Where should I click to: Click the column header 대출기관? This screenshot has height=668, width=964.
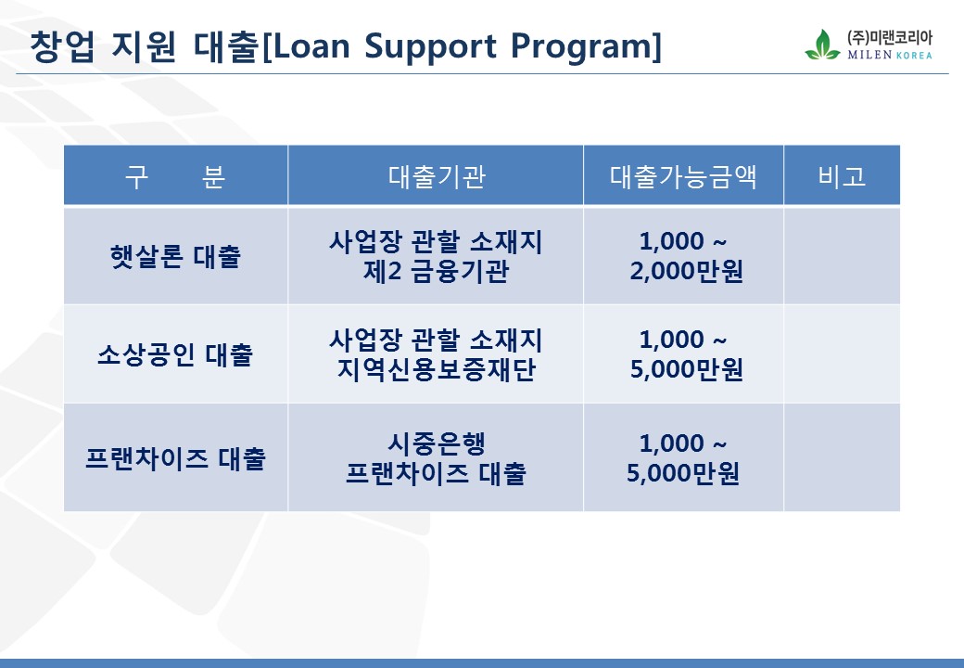tap(437, 176)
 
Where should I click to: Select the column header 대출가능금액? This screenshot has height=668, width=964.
tap(683, 176)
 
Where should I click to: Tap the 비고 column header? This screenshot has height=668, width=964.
tap(842, 176)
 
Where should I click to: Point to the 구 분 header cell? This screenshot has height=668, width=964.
tap(175, 176)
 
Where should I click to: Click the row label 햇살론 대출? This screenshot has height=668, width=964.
tap(175, 256)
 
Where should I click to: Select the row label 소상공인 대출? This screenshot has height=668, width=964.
tap(175, 354)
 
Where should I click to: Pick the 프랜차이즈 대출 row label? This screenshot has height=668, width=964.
tap(175, 458)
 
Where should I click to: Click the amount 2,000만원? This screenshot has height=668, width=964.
tap(687, 271)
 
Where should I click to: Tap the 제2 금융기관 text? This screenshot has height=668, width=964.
tap(436, 271)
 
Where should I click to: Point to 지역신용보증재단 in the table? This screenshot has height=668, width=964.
tap(437, 369)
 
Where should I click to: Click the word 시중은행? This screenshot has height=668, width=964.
tap(437, 443)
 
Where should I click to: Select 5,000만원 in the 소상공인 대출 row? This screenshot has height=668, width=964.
tap(687, 369)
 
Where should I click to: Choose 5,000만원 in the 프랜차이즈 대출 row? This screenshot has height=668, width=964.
tap(683, 473)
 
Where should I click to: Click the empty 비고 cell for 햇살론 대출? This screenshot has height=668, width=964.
tap(842, 256)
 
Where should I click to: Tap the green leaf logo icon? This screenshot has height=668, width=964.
tap(822, 45)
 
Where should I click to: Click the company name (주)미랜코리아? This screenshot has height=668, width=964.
tap(890, 38)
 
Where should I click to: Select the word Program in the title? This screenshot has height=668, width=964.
tap(580, 47)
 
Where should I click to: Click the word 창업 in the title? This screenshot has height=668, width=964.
tap(62, 46)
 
